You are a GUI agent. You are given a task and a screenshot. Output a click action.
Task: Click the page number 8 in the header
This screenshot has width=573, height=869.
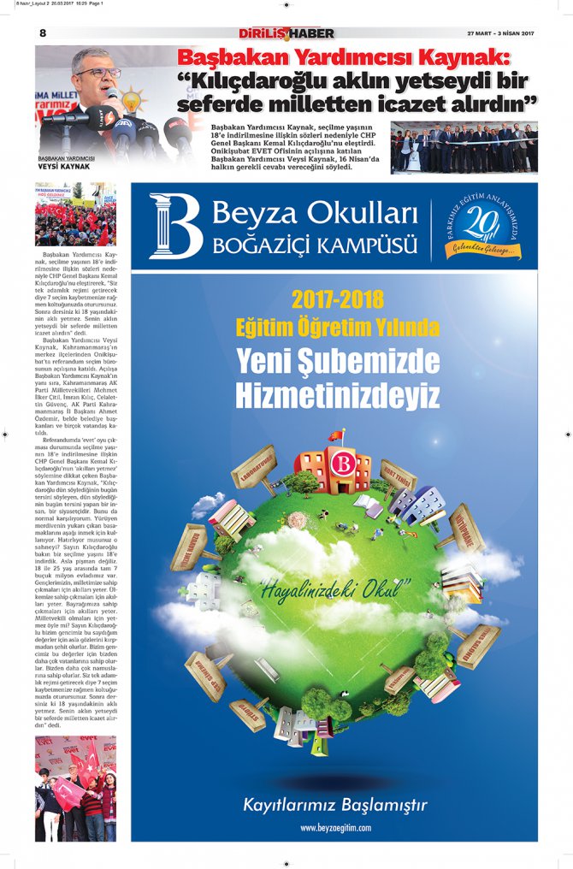pyautogui.click(x=42, y=33)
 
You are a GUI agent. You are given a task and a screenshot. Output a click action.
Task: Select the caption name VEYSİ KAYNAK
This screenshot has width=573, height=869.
pyautogui.click(x=59, y=166)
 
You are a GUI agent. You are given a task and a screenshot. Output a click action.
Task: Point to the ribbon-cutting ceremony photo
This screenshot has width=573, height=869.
pyautogui.click(x=464, y=148)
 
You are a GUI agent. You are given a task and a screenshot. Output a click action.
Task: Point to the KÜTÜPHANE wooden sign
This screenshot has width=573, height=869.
pyautogui.click(x=467, y=527)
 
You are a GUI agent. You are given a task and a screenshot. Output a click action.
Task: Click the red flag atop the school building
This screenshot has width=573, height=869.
pyautogui.click(x=336, y=435)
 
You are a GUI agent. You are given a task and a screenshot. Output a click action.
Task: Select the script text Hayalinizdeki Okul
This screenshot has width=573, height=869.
pyautogui.click(x=334, y=589)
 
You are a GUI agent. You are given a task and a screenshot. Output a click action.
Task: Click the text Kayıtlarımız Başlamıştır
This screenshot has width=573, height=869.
pyautogui.click(x=335, y=805)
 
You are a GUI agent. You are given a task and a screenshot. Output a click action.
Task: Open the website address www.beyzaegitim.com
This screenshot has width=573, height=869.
pyautogui.click(x=335, y=828)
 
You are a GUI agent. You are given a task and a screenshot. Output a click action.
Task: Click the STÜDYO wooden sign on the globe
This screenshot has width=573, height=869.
pyautogui.click(x=249, y=713)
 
